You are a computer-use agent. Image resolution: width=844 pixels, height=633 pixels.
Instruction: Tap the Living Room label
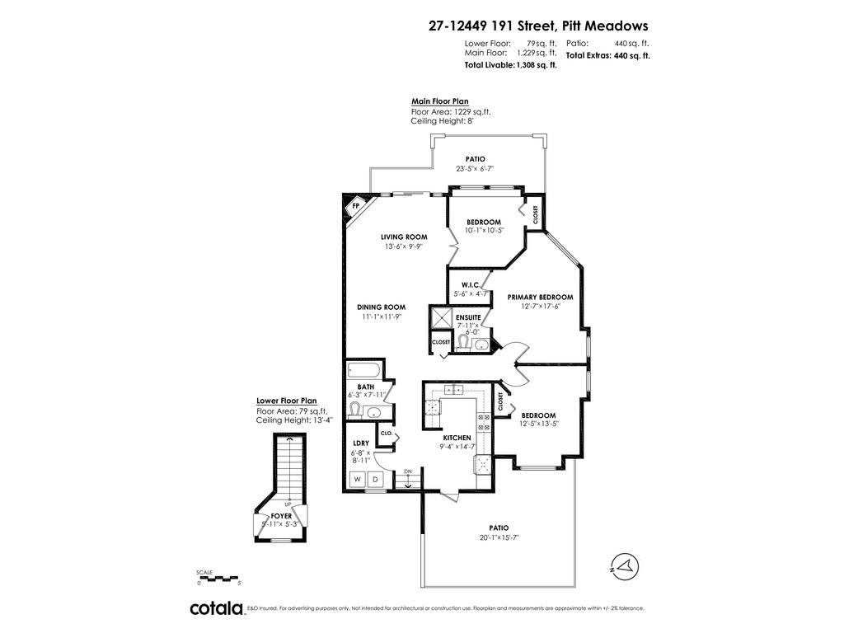click(404, 237)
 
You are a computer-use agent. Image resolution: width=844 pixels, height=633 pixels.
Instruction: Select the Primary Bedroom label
click(540, 297)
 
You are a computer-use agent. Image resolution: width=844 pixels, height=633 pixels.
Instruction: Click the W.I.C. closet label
click(470, 284)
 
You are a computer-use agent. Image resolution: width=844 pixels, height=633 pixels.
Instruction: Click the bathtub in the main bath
click(364, 370)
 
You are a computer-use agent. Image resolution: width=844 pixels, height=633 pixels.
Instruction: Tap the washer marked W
click(357, 479)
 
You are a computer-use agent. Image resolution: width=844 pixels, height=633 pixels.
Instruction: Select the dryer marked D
click(376, 479)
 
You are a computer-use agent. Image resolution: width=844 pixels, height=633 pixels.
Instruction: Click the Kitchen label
click(457, 438)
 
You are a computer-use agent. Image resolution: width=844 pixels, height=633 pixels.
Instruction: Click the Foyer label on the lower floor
click(281, 516)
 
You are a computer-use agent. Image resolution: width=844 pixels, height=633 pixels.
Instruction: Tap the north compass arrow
click(625, 566)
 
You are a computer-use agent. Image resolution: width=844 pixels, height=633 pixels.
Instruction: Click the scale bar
click(218, 579)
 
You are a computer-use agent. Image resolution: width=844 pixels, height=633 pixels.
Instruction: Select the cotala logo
click(217, 608)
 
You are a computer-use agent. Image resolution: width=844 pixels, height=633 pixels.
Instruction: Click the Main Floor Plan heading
click(440, 101)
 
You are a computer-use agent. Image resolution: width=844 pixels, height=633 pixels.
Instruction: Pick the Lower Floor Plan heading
click(286, 401)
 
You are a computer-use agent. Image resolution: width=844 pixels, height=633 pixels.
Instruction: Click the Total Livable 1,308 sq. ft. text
click(510, 65)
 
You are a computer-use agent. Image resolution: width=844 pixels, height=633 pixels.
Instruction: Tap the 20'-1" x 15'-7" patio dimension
click(499, 537)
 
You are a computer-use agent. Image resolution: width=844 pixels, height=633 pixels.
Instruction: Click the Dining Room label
click(381, 307)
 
